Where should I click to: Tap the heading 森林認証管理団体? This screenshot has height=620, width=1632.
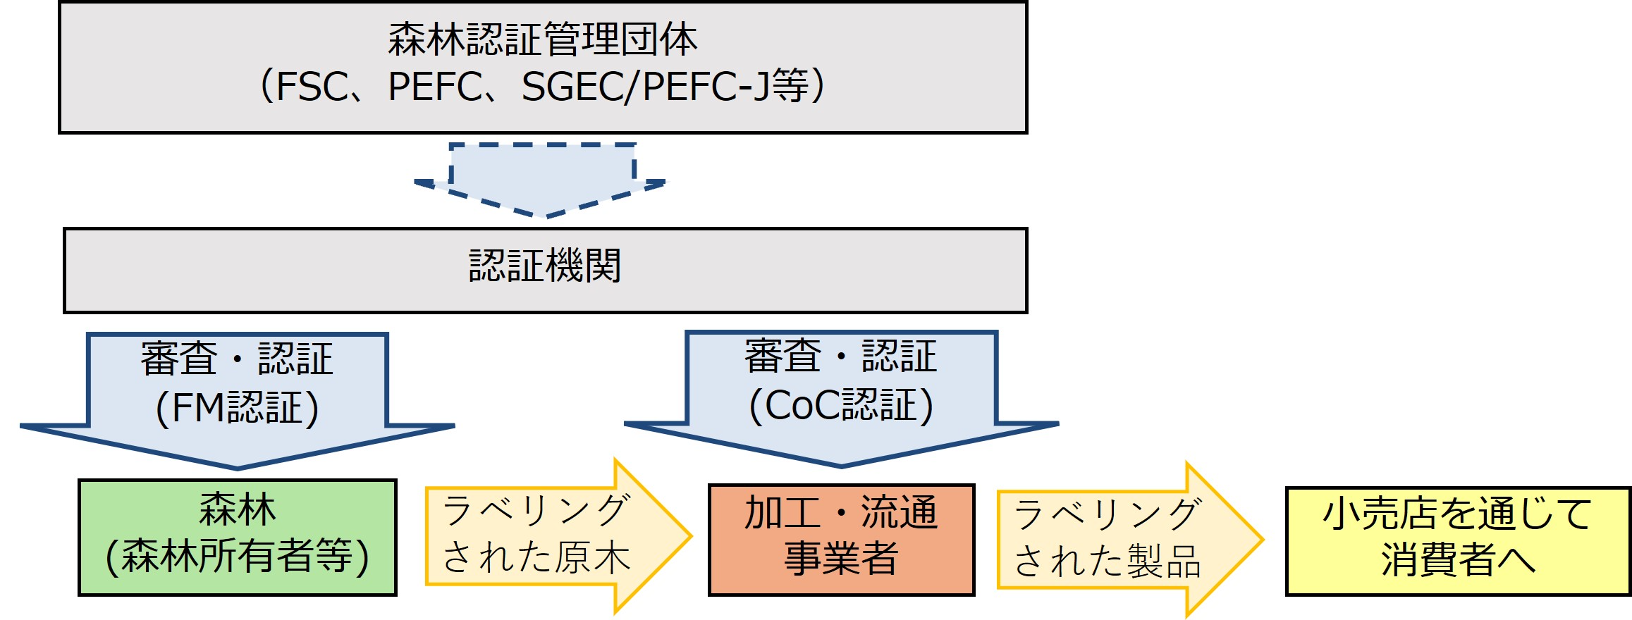542,39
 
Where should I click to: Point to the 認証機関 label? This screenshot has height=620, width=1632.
545,266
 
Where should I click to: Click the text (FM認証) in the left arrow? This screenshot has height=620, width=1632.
237,409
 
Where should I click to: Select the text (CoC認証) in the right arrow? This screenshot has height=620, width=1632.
841,407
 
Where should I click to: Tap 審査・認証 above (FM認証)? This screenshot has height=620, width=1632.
237,359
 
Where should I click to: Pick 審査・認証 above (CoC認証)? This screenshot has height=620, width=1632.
841,356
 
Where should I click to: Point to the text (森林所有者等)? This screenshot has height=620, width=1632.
238,557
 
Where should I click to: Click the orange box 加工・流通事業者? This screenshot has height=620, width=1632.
841,539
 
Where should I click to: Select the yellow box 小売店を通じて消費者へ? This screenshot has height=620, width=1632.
1457,541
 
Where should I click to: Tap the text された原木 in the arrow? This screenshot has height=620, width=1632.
536,557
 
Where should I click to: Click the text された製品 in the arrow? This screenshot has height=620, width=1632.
1107,562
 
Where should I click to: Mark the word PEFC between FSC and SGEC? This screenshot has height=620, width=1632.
435,87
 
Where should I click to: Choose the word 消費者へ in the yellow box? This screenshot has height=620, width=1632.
1457,562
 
